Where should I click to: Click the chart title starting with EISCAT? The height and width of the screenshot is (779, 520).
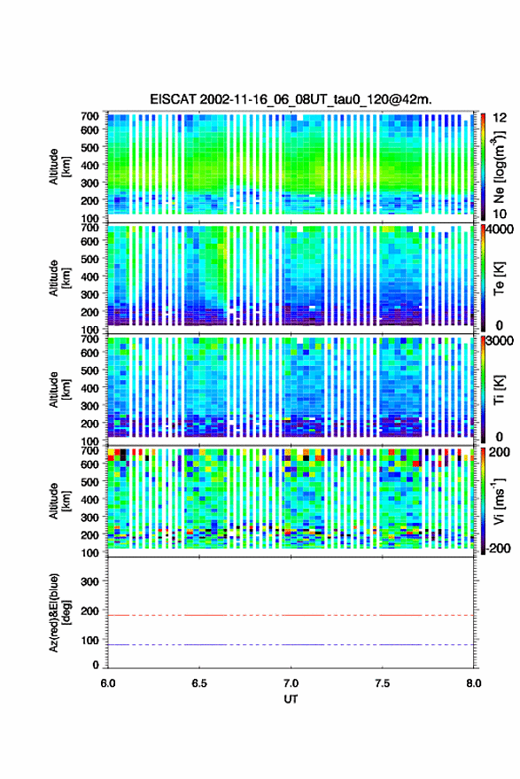click(291, 99)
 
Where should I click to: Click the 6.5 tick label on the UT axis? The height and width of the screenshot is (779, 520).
click(199, 683)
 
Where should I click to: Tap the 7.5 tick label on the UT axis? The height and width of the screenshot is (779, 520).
click(382, 683)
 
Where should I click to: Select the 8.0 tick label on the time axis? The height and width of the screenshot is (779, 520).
click(473, 683)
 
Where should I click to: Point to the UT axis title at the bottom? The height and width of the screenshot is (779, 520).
click(291, 699)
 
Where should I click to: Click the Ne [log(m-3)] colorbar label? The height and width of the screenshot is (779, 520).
click(499, 167)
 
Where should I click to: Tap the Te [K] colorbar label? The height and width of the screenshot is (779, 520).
click(499, 278)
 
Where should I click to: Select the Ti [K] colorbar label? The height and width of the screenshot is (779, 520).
click(499, 390)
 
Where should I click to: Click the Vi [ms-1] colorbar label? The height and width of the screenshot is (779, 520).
click(499, 501)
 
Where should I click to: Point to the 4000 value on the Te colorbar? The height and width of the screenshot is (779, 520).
click(500, 230)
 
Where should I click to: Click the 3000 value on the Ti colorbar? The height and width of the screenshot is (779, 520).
click(500, 341)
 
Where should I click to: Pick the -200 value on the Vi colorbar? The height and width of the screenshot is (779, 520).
click(498, 548)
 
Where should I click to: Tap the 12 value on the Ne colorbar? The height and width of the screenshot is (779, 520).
click(499, 118)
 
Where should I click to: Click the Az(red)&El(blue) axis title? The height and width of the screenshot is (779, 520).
click(60, 612)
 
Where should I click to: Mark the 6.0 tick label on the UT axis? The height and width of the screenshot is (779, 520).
click(108, 683)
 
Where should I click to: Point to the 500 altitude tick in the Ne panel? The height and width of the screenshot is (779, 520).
click(89, 147)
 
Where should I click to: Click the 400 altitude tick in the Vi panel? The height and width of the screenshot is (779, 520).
click(89, 499)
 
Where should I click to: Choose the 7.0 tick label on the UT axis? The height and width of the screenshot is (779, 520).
click(291, 683)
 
